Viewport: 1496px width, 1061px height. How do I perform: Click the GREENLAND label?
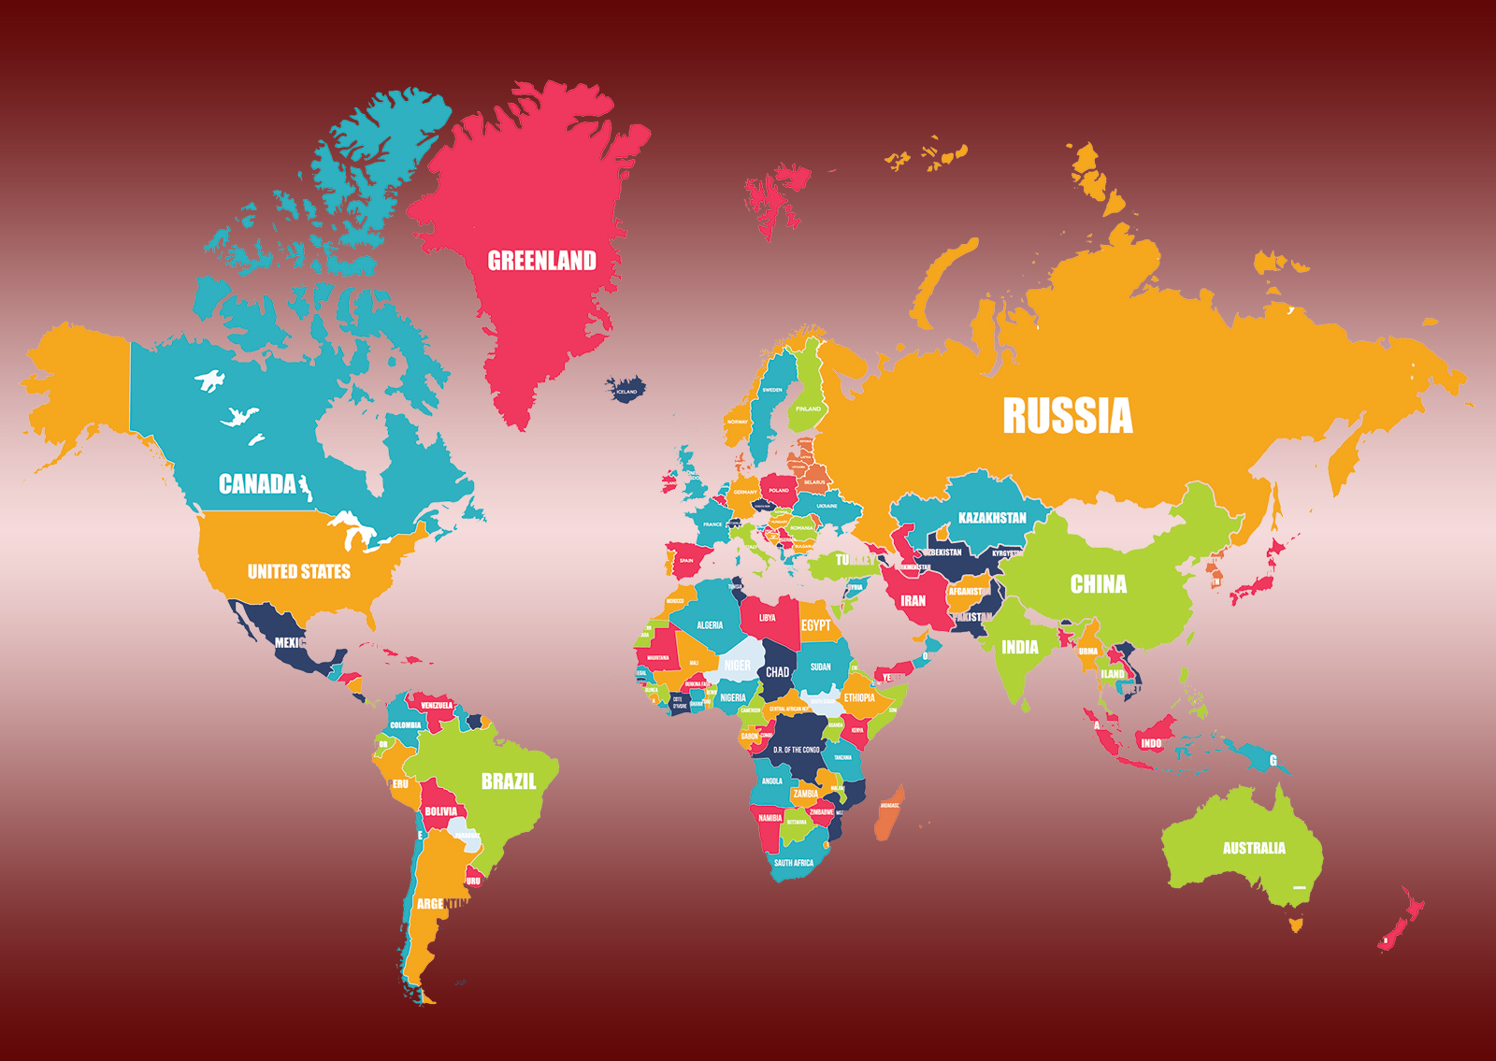(x=541, y=261)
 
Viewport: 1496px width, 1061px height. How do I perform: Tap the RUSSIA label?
(x=1067, y=416)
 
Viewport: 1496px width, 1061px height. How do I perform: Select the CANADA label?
(x=257, y=484)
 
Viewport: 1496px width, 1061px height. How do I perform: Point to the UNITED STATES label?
(x=298, y=571)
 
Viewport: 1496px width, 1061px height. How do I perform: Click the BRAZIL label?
(x=509, y=781)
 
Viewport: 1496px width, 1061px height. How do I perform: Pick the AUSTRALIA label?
(x=1254, y=848)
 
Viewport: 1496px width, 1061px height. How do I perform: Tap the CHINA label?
(x=1099, y=584)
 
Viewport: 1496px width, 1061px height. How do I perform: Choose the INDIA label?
(x=1019, y=647)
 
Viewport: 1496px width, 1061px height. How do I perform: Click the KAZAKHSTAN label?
(x=992, y=518)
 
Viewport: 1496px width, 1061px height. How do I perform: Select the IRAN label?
(x=913, y=601)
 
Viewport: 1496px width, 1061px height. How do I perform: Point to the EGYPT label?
(x=815, y=625)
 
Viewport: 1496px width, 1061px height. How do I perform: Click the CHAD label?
(x=777, y=672)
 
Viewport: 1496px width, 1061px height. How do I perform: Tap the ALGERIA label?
(x=710, y=625)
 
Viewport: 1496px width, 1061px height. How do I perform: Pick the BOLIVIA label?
(x=440, y=811)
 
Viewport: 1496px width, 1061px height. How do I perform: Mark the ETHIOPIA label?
(x=859, y=697)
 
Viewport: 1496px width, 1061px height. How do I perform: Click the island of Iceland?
(x=625, y=388)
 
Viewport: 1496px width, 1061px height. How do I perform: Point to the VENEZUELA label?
(x=437, y=705)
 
